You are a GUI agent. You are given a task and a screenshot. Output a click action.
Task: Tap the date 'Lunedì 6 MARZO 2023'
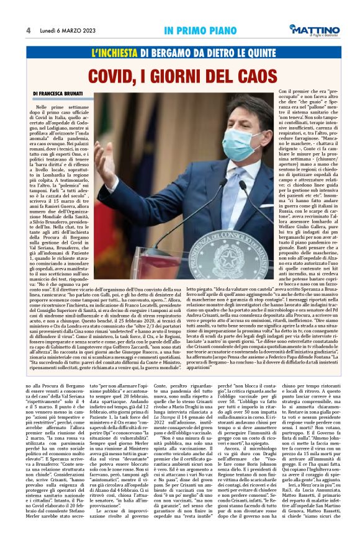click(x=65, y=30)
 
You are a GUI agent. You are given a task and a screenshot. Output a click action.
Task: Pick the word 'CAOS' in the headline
click(x=254, y=77)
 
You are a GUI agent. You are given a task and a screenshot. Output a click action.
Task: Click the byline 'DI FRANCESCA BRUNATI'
click(x=61, y=94)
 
